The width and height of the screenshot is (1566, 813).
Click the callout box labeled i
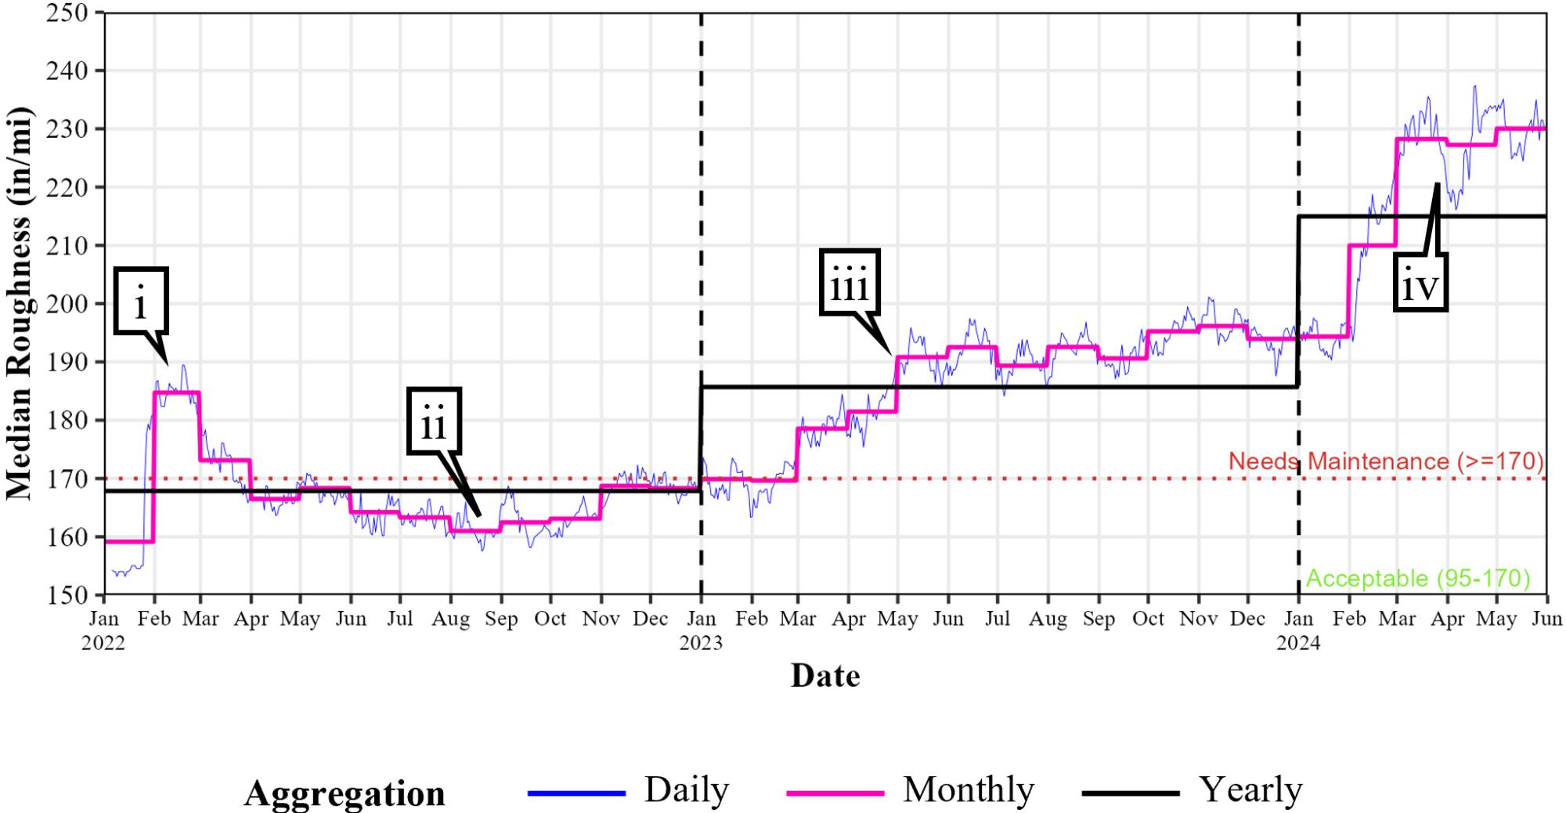click(141, 302)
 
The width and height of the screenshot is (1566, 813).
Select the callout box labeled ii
click(434, 421)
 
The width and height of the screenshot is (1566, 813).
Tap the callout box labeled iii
click(850, 283)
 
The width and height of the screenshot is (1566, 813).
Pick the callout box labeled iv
click(1420, 283)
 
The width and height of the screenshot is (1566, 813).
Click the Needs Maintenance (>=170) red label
click(1385, 461)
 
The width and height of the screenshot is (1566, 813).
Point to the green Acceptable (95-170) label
click(1417, 579)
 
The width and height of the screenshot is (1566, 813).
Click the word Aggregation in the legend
click(345, 793)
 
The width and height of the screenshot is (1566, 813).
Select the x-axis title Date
click(825, 676)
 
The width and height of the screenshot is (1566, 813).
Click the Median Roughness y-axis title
click(19, 304)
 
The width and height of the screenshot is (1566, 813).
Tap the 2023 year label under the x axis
click(701, 644)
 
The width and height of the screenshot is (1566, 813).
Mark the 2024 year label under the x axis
click(1298, 644)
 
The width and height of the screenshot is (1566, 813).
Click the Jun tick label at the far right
click(1546, 620)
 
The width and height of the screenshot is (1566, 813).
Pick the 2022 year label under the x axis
click(103, 644)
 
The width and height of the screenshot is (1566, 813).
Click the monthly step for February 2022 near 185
click(177, 392)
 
